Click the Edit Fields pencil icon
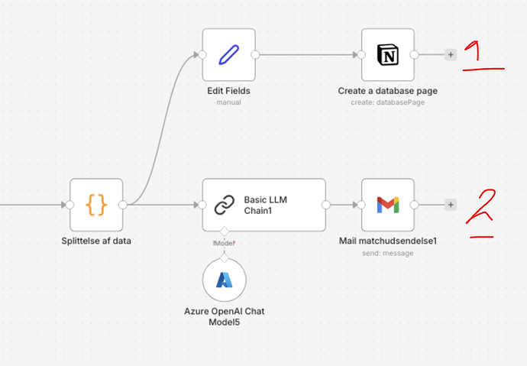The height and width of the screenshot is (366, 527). (x=228, y=55)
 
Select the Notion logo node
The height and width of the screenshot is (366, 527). (x=388, y=55)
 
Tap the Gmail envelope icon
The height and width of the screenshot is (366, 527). (x=388, y=205)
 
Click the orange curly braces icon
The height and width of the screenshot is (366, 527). (x=96, y=205)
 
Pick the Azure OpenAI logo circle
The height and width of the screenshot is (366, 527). (x=225, y=280)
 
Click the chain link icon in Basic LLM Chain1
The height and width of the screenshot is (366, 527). (x=224, y=205)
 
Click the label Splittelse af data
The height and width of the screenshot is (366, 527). (x=96, y=241)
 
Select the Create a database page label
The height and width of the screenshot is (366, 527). (x=388, y=91)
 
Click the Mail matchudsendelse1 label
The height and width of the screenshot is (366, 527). (x=388, y=241)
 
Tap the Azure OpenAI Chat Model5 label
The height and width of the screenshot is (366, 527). (x=225, y=316)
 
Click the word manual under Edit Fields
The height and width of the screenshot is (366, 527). (x=228, y=102)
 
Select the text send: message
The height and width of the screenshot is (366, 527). (x=388, y=252)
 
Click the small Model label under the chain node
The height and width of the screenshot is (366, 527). (x=225, y=243)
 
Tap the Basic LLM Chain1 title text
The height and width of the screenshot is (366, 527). (x=267, y=205)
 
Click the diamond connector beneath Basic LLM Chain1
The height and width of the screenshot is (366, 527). (x=225, y=232)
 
